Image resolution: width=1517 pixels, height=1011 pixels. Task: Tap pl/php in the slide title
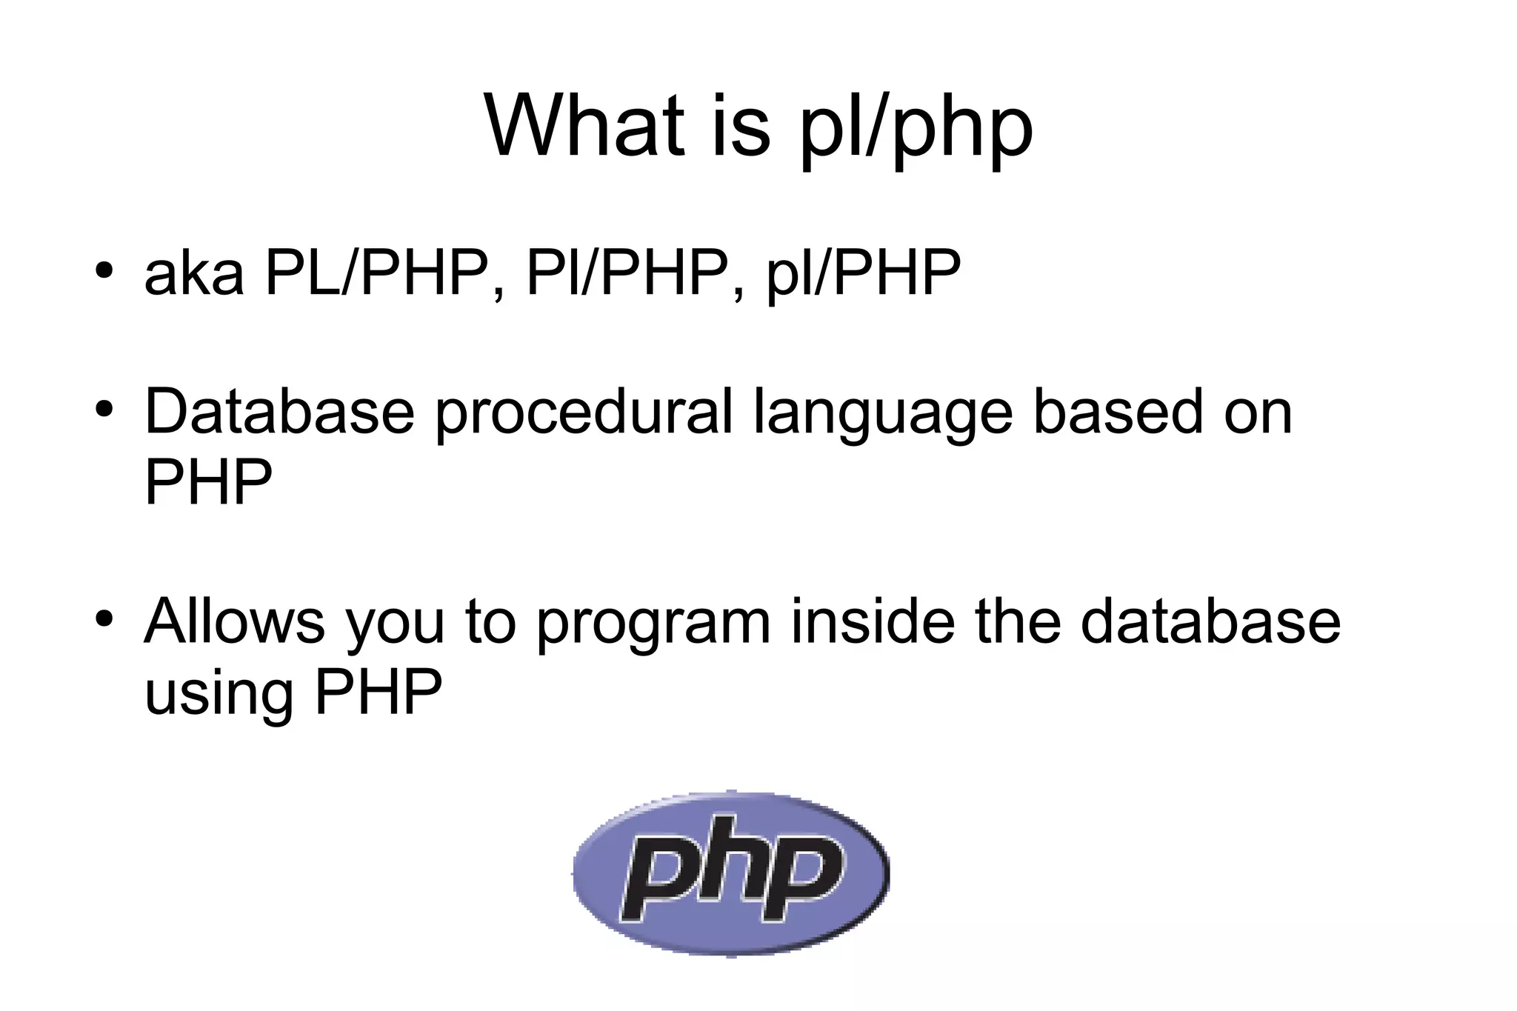[x=916, y=130]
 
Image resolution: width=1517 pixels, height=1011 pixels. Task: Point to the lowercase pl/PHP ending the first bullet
[x=863, y=274]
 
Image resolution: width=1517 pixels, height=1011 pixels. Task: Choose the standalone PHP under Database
[x=208, y=482]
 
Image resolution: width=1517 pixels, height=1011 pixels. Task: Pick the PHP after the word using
[x=378, y=692]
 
